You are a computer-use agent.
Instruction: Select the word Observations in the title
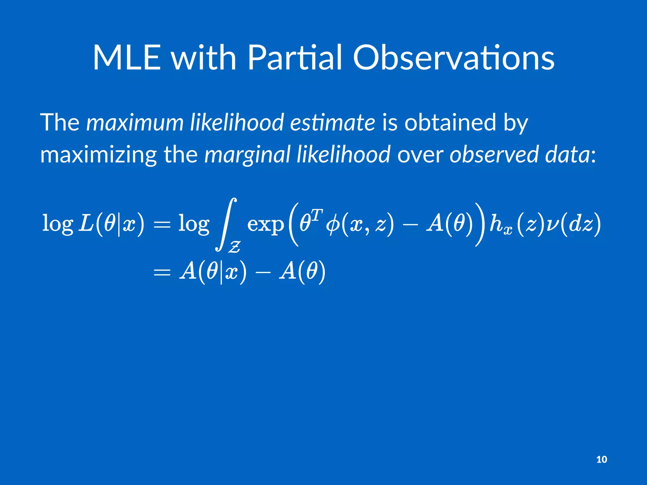point(454,58)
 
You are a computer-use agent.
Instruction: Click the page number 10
point(602,459)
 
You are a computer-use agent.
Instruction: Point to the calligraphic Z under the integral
point(235,247)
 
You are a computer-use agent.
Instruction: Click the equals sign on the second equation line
point(162,272)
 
